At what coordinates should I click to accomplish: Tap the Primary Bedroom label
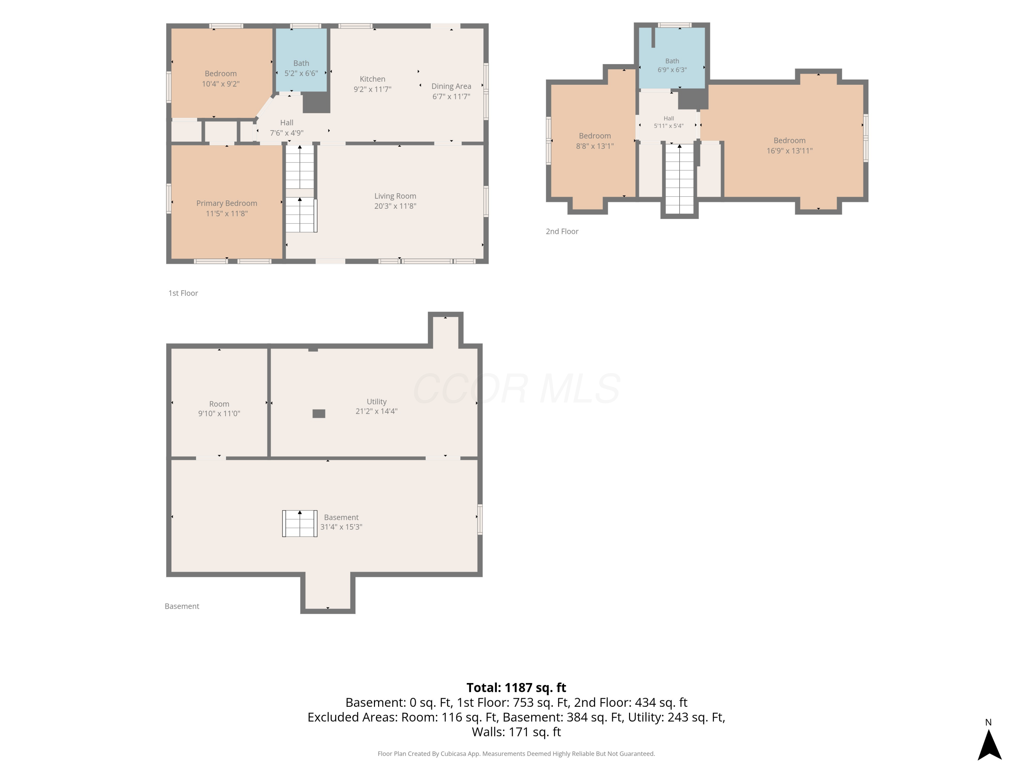pyautogui.click(x=227, y=203)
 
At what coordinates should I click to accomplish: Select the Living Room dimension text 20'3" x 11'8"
pyautogui.click(x=395, y=206)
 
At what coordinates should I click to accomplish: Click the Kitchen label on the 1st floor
pyautogui.click(x=372, y=79)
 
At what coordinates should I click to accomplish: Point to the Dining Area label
pyautogui.click(x=451, y=86)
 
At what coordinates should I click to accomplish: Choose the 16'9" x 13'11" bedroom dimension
pyautogui.click(x=789, y=151)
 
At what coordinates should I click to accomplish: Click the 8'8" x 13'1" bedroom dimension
pyautogui.click(x=594, y=146)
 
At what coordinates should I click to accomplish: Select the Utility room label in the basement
pyautogui.click(x=376, y=402)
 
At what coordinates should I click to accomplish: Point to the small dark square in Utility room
pyautogui.click(x=319, y=413)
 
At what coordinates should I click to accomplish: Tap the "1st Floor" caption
pyautogui.click(x=183, y=293)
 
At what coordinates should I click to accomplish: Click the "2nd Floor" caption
pyautogui.click(x=562, y=232)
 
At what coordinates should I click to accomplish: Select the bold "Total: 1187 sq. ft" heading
pyautogui.click(x=516, y=688)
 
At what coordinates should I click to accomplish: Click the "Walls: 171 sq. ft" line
pyautogui.click(x=516, y=732)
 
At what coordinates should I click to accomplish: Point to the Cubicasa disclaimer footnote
pyautogui.click(x=516, y=754)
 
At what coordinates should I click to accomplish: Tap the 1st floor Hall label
pyautogui.click(x=287, y=123)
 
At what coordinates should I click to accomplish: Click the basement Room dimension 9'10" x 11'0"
pyautogui.click(x=219, y=413)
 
